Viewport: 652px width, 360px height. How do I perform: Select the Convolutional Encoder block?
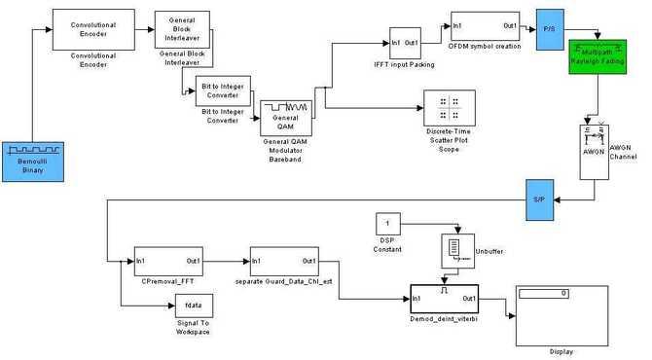coord(92,30)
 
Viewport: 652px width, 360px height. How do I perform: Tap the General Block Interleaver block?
coord(183,30)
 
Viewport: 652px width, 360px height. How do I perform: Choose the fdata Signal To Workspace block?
coord(193,306)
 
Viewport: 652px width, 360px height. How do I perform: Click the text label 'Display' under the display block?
coord(561,352)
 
